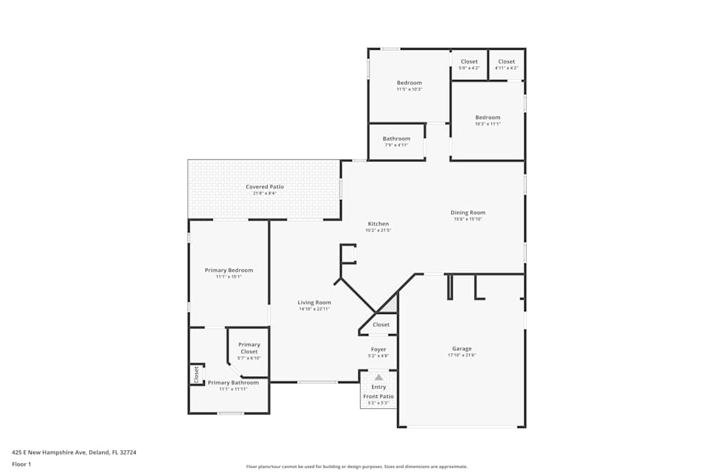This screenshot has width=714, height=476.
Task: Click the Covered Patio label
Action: pyautogui.click(x=265, y=187)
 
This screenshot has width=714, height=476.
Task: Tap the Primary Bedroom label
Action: pyautogui.click(x=228, y=270)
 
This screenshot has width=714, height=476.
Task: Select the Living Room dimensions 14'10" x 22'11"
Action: pyautogui.click(x=314, y=309)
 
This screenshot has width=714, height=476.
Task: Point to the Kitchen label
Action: pyautogui.click(x=378, y=224)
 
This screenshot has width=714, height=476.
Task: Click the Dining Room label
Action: pyautogui.click(x=468, y=213)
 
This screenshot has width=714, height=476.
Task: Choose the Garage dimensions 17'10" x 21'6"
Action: pyautogui.click(x=461, y=355)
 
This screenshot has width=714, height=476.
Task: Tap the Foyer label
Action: pyautogui.click(x=378, y=350)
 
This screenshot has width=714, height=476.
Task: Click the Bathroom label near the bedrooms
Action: pyautogui.click(x=396, y=138)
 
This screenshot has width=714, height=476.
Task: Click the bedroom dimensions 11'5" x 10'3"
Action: pyautogui.click(x=409, y=89)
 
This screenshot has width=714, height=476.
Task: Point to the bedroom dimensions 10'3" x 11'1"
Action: pyautogui.click(x=488, y=124)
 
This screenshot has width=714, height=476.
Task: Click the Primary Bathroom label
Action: pyautogui.click(x=233, y=383)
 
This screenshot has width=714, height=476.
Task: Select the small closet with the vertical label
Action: pyautogui.click(x=196, y=375)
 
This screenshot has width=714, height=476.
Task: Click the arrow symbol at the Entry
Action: pyautogui.click(x=378, y=378)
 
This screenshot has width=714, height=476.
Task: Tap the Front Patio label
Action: pyautogui.click(x=378, y=396)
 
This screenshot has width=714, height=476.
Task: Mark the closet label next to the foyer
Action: pyautogui.click(x=381, y=325)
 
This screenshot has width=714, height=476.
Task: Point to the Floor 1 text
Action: pyautogui.click(x=21, y=465)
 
